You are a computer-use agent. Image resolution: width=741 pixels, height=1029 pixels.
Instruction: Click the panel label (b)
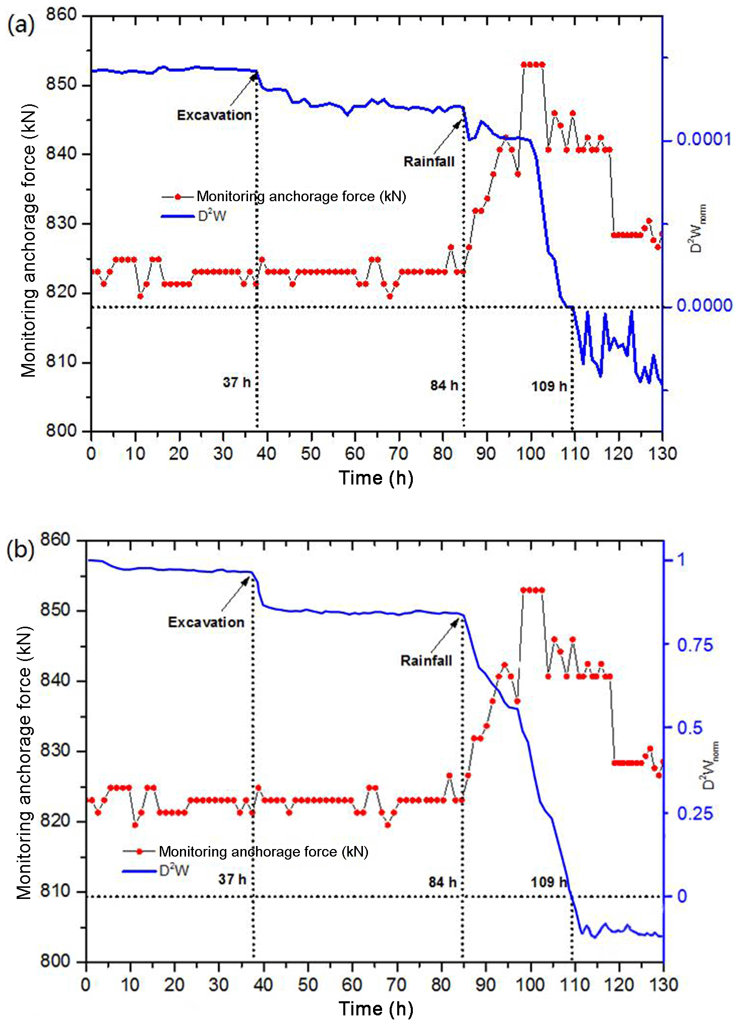pyautogui.click(x=20, y=550)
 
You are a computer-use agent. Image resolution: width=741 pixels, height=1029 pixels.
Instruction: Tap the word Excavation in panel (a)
pyautogui.click(x=214, y=115)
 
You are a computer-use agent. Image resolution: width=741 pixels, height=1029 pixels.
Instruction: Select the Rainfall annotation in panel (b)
pyautogui.click(x=426, y=661)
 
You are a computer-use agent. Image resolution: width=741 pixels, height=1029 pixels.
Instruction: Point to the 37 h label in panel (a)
pyautogui.click(x=236, y=383)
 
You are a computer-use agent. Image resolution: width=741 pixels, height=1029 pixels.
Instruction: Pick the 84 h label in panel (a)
pyautogui.click(x=444, y=386)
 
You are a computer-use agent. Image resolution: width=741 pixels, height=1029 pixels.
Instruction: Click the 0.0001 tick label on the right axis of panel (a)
pyautogui.click(x=704, y=139)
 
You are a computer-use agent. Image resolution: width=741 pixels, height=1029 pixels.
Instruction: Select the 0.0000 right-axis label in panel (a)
pyautogui.click(x=704, y=306)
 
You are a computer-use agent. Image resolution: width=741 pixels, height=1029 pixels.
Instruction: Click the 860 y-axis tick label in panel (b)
pyautogui.click(x=55, y=540)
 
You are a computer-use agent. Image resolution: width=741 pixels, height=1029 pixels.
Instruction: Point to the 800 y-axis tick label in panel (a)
pyautogui.click(x=61, y=431)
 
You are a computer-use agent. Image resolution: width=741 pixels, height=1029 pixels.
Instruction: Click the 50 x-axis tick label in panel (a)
pyautogui.click(x=311, y=454)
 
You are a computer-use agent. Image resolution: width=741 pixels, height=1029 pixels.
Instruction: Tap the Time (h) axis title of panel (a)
pyautogui.click(x=376, y=478)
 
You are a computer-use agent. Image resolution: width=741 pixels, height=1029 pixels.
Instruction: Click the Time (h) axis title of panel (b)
pyautogui.click(x=376, y=1009)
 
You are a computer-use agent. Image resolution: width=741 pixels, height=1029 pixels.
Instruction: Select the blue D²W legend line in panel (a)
pyautogui.click(x=178, y=216)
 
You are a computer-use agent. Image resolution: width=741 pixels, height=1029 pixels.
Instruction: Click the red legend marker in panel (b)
pyautogui.click(x=140, y=852)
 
